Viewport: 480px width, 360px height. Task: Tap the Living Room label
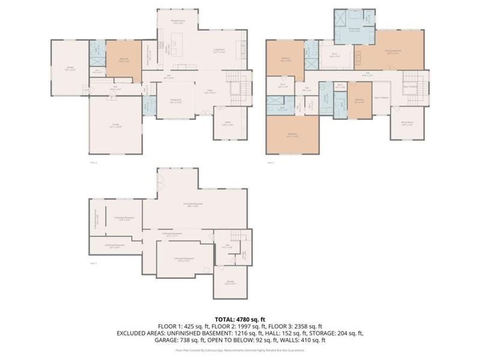tap(224, 52)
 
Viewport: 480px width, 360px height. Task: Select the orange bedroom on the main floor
tap(123, 59)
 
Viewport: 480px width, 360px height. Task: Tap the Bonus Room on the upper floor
tap(407, 125)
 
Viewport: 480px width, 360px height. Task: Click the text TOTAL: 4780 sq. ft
tap(240, 319)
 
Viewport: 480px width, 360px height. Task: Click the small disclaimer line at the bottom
tap(240, 349)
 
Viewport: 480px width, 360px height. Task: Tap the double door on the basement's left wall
tap(159, 181)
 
